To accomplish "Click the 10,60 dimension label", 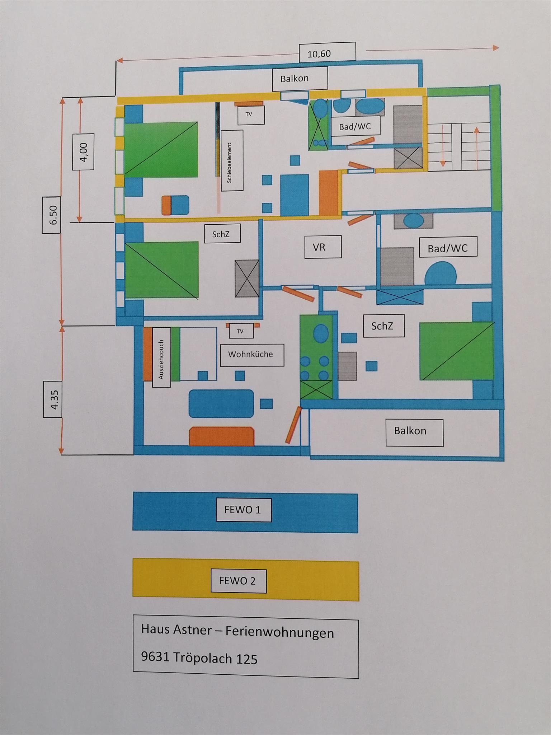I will tap(319, 54).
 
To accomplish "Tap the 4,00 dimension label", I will tap(84, 152).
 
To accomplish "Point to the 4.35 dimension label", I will tap(54, 400).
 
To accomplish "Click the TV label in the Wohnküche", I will tap(240, 331).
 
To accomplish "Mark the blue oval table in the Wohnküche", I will tap(221, 404).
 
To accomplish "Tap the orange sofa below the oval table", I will tap(221, 436).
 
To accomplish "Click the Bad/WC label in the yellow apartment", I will tap(355, 127).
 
